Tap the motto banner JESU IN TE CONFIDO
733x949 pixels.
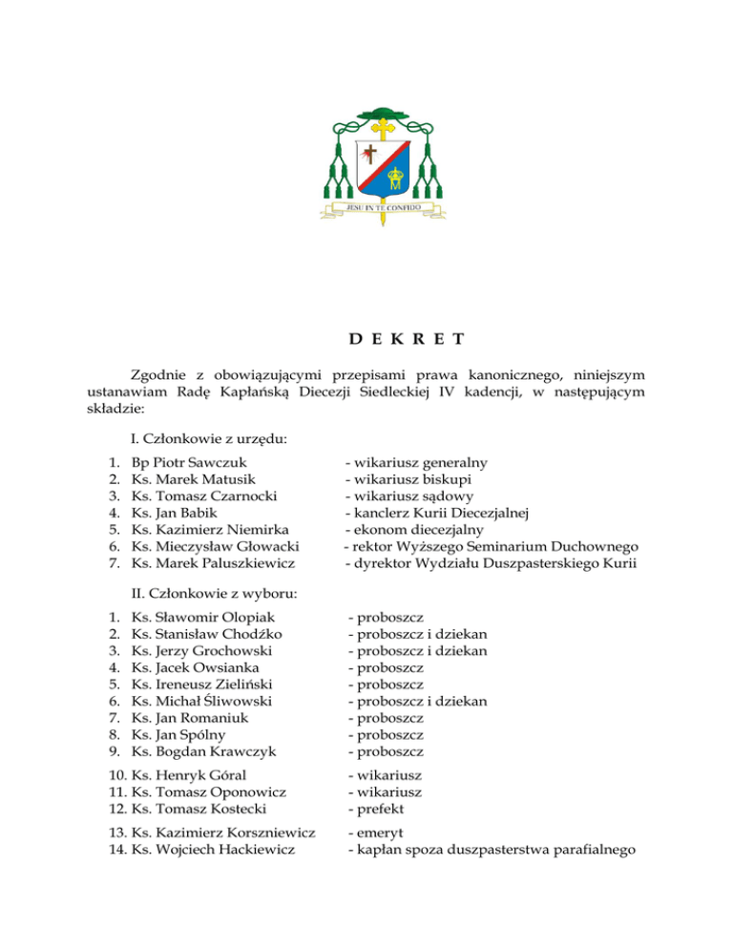(383, 202)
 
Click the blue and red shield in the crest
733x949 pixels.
(383, 162)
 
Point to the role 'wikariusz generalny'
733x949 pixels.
(416, 462)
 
